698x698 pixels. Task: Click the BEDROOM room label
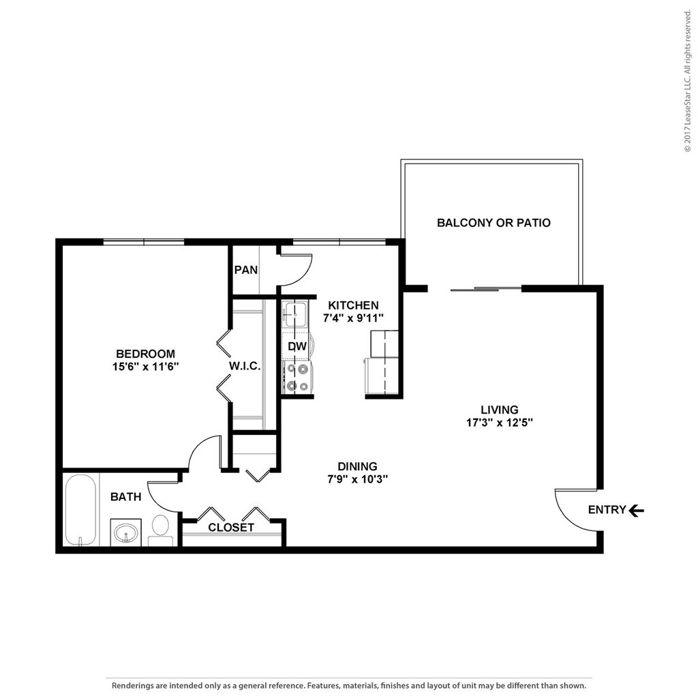[x=145, y=354]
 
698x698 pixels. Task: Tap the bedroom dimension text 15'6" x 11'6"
[x=145, y=367]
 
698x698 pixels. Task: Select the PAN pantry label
[x=245, y=270]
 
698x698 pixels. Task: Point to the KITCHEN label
[x=353, y=305]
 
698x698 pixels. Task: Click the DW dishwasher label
[x=296, y=346]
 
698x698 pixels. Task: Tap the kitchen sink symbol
[x=295, y=314]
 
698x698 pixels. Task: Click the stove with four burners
[x=298, y=377]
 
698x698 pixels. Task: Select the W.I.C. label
[x=244, y=366]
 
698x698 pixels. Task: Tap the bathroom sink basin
[x=126, y=532]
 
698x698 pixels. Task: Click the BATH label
[x=126, y=497]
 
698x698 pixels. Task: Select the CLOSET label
[x=231, y=528]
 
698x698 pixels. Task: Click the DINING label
[x=358, y=466]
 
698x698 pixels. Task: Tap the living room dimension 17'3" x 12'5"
[x=500, y=422]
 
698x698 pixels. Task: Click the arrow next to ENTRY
[x=636, y=510]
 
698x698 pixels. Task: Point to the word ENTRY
[x=607, y=510]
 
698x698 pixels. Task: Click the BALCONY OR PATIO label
[x=494, y=223]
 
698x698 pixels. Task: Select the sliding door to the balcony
[x=485, y=289]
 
